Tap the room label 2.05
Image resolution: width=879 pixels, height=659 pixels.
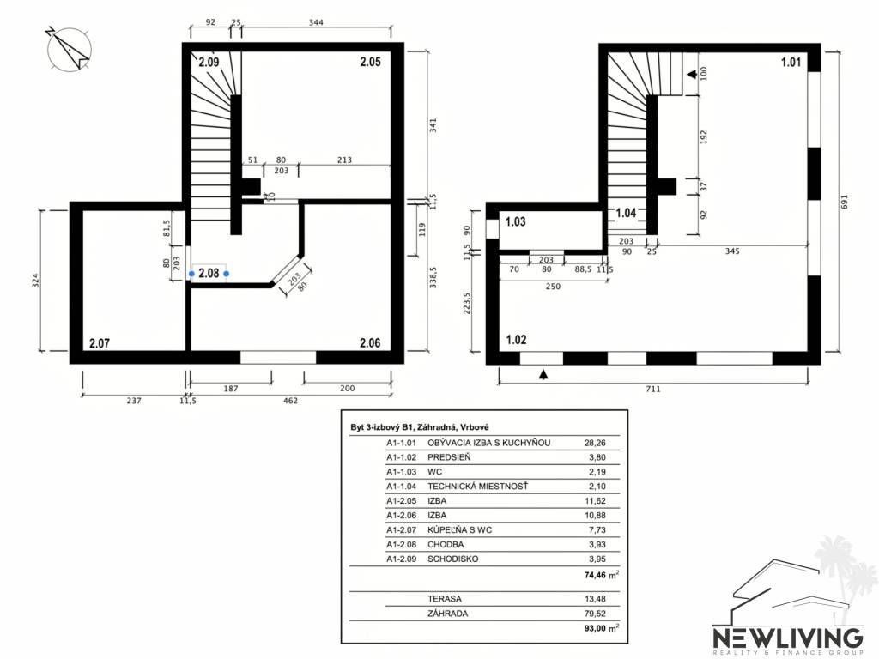(370, 62)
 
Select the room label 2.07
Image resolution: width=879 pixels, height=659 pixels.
(100, 343)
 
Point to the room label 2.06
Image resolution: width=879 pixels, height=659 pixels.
(370, 343)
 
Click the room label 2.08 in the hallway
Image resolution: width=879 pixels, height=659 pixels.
(209, 274)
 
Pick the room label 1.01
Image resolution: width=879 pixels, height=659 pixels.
(791, 62)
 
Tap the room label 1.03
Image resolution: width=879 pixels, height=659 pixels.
(515, 222)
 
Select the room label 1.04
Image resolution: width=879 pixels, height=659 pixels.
(627, 213)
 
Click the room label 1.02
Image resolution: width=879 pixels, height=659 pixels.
(517, 340)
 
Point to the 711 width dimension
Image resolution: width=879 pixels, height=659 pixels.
(654, 389)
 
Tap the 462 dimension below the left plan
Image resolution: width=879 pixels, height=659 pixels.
(290, 400)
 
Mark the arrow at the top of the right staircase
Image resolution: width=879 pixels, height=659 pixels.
(691, 76)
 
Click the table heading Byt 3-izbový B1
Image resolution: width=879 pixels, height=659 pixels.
(388, 426)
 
